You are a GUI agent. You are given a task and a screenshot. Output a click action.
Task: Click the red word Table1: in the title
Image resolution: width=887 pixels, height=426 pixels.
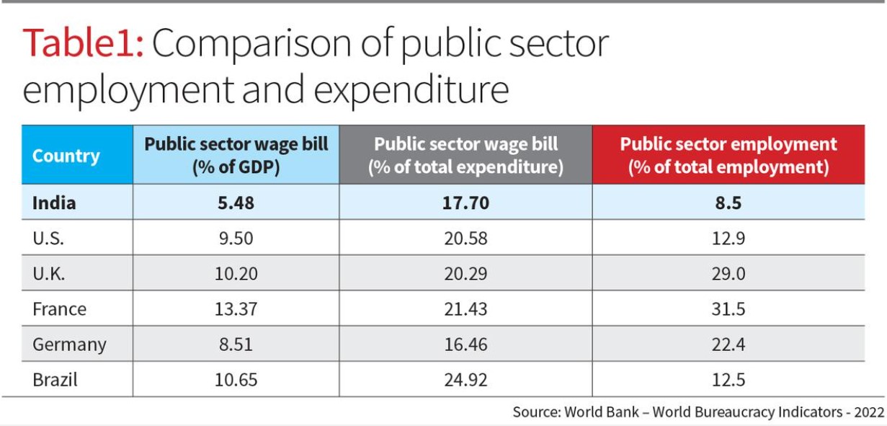point(84,45)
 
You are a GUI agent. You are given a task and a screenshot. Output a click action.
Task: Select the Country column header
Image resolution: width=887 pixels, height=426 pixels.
point(66,156)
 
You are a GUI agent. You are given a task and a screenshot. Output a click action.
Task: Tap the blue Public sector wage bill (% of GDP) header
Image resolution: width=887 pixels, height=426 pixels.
point(236,156)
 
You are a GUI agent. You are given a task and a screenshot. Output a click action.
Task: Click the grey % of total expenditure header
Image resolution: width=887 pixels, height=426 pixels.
point(465,156)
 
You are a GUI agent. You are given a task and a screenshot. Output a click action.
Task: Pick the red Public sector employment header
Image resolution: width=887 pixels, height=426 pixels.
point(728,156)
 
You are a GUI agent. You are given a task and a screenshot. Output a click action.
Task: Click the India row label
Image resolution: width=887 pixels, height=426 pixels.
point(54,203)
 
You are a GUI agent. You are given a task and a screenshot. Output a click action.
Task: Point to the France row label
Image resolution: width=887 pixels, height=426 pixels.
point(59,309)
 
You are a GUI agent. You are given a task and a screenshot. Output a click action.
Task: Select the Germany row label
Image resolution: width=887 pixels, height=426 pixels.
point(68,345)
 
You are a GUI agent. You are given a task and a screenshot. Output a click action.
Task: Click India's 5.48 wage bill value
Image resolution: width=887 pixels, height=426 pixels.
point(236,203)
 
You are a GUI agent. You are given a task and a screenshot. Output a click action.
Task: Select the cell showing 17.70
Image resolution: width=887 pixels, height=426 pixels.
point(465,203)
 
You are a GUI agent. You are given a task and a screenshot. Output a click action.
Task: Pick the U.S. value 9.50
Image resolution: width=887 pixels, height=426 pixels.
point(236,238)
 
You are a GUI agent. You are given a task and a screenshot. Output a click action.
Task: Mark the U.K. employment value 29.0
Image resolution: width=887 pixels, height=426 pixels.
point(728,274)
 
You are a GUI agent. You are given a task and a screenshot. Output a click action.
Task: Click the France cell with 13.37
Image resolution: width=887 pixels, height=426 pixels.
point(236,309)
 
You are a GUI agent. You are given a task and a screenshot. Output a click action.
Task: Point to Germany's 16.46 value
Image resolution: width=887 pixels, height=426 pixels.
point(465,345)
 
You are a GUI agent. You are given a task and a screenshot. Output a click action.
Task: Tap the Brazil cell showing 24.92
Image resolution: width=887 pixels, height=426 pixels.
point(465,380)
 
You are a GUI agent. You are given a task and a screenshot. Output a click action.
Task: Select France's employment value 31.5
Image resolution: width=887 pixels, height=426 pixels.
point(728,309)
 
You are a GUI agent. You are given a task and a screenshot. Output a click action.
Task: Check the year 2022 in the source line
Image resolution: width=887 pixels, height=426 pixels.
point(868,412)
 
